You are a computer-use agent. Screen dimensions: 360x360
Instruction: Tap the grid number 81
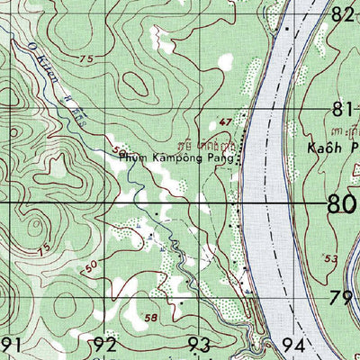[341, 110]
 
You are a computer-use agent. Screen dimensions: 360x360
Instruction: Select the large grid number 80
[343, 205]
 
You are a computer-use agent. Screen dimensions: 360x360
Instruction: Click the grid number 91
[10, 344]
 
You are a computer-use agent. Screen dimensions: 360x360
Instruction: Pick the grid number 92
[104, 344]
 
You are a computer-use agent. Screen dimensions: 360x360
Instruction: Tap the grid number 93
[199, 344]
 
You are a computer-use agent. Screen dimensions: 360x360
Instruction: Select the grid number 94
[293, 344]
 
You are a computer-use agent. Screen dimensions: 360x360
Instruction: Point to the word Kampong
[178, 156]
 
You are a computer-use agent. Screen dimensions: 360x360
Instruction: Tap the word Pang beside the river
[225, 157]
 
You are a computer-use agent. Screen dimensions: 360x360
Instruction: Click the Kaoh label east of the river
[319, 147]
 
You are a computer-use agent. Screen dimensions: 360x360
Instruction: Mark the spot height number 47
[225, 120]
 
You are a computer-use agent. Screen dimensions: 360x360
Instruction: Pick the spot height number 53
[330, 259]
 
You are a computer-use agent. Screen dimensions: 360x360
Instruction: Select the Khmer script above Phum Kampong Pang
[209, 142]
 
